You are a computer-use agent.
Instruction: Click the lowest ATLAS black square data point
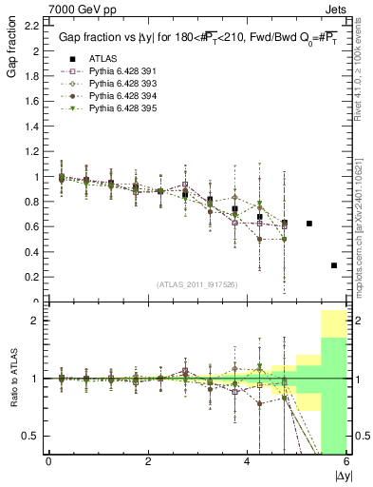334,265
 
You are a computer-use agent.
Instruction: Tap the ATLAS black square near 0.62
309,224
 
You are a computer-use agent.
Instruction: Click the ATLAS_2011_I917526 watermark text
196,283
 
